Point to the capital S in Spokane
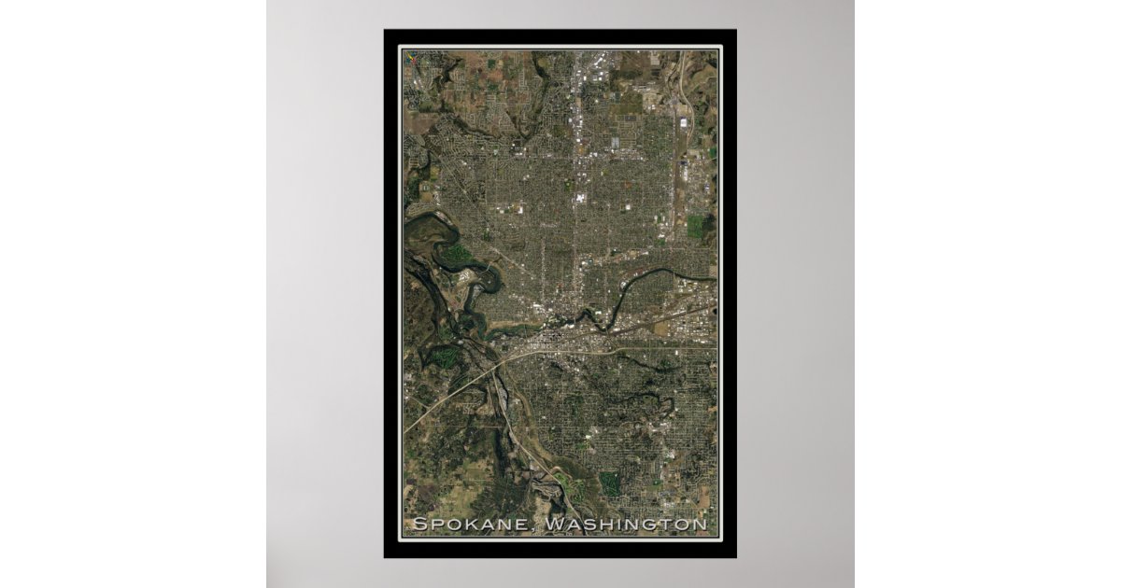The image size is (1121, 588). (x=419, y=525)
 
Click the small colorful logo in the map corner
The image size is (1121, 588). (x=408, y=55)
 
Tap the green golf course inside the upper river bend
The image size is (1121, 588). (x=455, y=253)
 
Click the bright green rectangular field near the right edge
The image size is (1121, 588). (x=695, y=226)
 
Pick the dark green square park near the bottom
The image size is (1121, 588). (x=609, y=482)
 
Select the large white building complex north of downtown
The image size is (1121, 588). (x=580, y=198)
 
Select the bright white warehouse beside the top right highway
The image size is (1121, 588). (x=684, y=122)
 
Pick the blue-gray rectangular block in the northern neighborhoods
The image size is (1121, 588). (x=615, y=143)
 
